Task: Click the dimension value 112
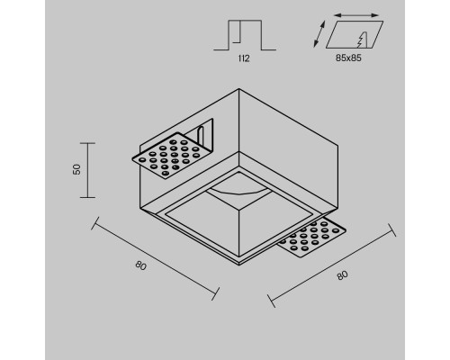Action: (244, 58)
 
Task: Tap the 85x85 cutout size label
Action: (348, 58)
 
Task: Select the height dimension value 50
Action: (77, 169)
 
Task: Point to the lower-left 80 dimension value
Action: (140, 265)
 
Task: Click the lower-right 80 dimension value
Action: (342, 275)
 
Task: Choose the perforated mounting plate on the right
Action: (312, 237)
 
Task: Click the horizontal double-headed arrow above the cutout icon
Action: (356, 15)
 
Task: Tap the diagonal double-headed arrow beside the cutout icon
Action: (319, 34)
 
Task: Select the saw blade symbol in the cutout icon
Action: (363, 40)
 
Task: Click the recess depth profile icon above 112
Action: (245, 35)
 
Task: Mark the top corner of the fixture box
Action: (238, 88)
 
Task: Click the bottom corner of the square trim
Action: (239, 265)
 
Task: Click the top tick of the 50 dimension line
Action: (87, 143)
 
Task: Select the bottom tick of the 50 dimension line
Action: (87, 197)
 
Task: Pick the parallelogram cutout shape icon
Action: (355, 34)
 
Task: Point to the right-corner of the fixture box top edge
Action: (338, 146)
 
